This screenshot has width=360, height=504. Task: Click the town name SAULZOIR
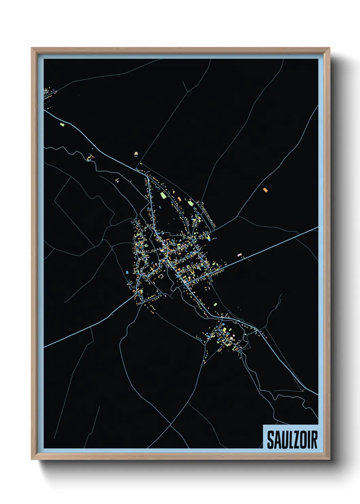click(x=292, y=440)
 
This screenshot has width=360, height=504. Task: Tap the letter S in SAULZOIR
click(x=270, y=440)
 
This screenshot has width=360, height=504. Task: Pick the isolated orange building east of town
click(x=265, y=190)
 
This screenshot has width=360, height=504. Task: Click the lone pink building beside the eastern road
click(x=240, y=254)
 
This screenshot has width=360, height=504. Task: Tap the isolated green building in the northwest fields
click(x=62, y=124)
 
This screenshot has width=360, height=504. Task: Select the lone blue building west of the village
click(x=127, y=272)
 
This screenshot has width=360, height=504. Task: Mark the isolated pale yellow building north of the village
click(x=136, y=154)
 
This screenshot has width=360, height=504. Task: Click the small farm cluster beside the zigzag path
click(x=90, y=157)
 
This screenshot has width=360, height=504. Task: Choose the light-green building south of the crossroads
click(x=216, y=304)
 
